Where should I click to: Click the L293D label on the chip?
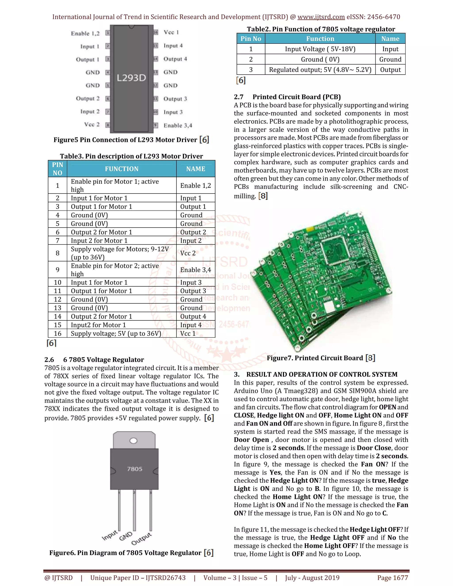(131, 78)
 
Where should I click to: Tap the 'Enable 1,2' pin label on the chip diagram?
(85, 34)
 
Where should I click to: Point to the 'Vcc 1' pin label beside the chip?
(171, 33)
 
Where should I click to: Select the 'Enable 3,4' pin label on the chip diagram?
(178, 125)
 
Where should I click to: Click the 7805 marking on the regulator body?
(134, 469)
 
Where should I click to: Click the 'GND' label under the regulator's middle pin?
(126, 536)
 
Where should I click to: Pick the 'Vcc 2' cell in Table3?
(188, 253)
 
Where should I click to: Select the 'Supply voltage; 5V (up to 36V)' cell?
(116, 333)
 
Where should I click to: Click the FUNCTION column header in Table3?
(122, 169)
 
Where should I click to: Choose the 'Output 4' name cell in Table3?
(193, 317)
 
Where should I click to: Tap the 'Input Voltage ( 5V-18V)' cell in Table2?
(320, 49)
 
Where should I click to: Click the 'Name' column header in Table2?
(390, 39)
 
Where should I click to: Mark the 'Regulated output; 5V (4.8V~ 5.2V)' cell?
(320, 70)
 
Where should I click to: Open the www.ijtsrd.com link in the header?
(321, 17)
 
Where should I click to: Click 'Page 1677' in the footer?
(392, 578)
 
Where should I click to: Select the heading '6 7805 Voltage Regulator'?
(103, 360)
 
